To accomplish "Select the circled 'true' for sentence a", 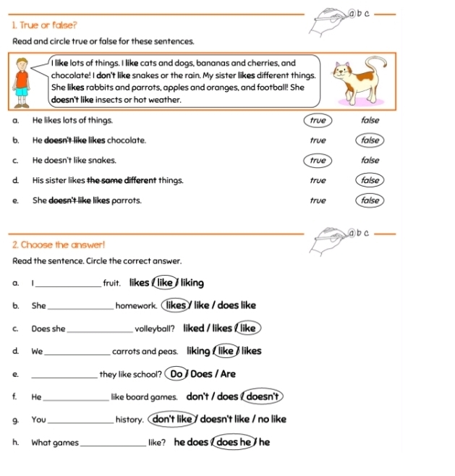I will pyautogui.click(x=317, y=120).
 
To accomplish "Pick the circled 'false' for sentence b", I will pyautogui.click(x=370, y=140).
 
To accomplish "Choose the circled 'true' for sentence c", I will pyautogui.click(x=317, y=160).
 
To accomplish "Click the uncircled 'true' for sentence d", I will pyautogui.click(x=318, y=180).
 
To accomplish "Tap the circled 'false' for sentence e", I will pyautogui.click(x=370, y=200).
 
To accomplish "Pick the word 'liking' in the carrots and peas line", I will pyautogui.click(x=198, y=352).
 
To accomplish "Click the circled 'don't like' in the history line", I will pyautogui.click(x=171, y=419).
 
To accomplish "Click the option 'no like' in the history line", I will pyautogui.click(x=272, y=419).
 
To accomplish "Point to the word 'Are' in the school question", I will pyautogui.click(x=228, y=374).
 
